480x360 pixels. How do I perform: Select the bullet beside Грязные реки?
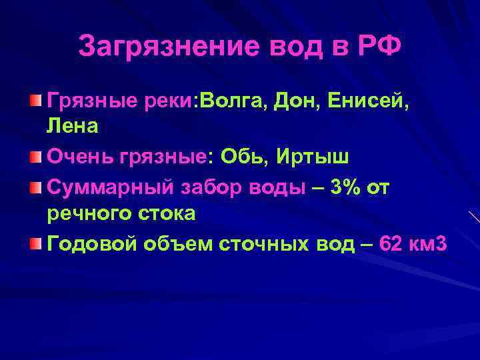tap(35, 101)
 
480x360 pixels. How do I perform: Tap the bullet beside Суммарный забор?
tap(35, 187)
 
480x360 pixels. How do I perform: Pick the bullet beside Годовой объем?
tap(35, 245)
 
